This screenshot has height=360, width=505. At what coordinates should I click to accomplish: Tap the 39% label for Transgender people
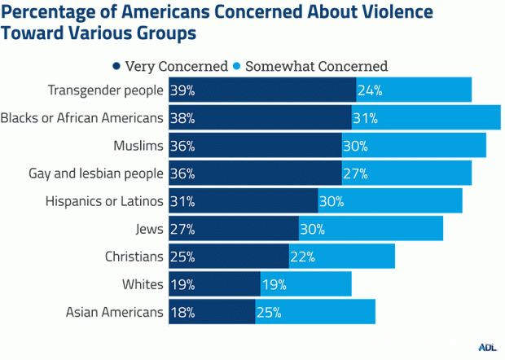[x=182, y=90]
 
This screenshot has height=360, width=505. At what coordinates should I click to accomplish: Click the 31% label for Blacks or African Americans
[x=366, y=117]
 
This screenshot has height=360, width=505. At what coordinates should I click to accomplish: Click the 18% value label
[x=182, y=312]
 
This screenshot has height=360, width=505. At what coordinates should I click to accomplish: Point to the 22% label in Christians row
[x=303, y=257]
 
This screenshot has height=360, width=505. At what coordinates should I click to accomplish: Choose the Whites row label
[x=143, y=284]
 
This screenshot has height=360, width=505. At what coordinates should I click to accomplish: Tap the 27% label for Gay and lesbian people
[x=356, y=173]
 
